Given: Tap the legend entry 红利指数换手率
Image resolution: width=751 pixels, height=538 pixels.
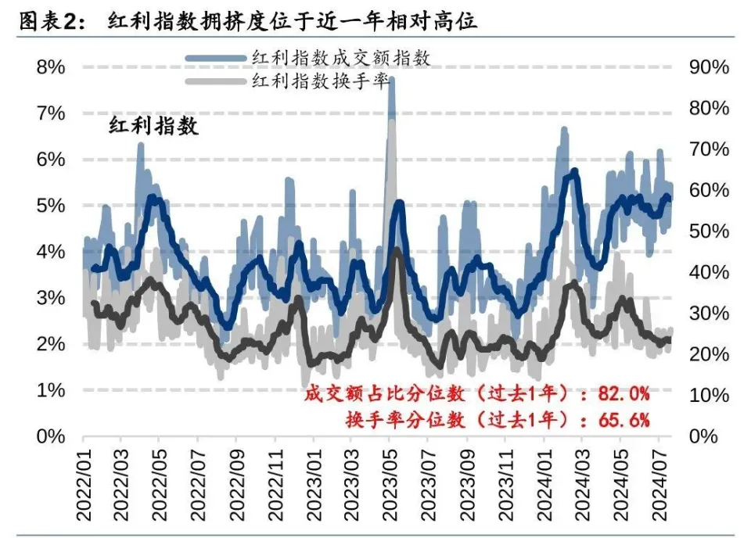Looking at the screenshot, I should (x=320, y=81).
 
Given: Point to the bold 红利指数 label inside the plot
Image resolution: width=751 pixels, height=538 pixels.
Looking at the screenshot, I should (x=153, y=125).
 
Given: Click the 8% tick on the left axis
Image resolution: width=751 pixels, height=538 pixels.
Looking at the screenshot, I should (x=51, y=67).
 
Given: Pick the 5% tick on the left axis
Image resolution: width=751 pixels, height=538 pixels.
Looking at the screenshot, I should (x=51, y=206).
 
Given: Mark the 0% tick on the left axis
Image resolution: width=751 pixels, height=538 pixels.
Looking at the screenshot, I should (x=51, y=436).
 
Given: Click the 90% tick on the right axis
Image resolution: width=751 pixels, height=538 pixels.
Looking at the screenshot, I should (x=709, y=67).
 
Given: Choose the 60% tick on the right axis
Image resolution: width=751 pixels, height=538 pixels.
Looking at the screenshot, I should (x=709, y=190).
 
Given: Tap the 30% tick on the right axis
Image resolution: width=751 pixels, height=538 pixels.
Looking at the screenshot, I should (x=709, y=314).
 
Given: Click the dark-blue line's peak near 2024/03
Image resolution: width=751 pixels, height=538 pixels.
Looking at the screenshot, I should (x=575, y=170).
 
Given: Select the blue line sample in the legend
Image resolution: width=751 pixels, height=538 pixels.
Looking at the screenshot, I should (x=215, y=58).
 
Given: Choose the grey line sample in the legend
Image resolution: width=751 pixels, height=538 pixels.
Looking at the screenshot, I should (x=215, y=81).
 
